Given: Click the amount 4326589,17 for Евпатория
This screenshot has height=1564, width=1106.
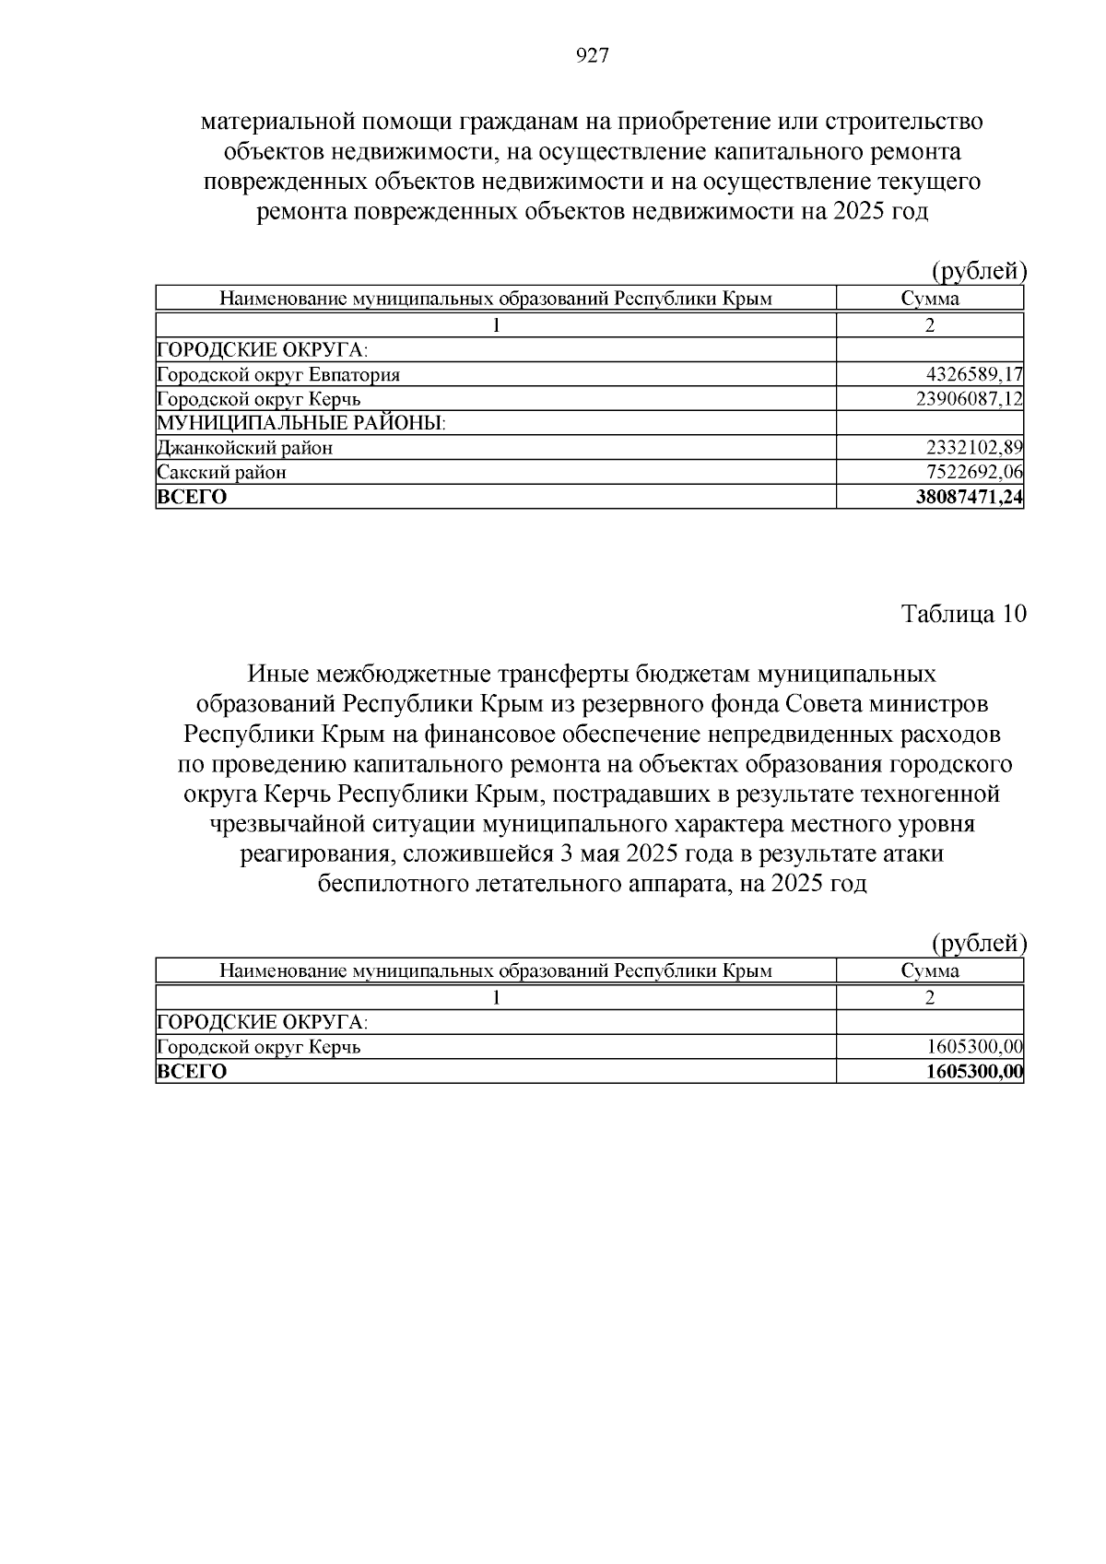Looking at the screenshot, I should [x=974, y=375].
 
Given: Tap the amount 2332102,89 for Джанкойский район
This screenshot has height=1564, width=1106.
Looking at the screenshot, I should [x=974, y=448].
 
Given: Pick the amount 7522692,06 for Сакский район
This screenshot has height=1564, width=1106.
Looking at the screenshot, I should [x=974, y=473].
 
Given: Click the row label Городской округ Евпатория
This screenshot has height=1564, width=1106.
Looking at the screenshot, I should [x=278, y=375].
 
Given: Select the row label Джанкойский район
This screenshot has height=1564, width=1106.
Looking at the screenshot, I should [x=245, y=448].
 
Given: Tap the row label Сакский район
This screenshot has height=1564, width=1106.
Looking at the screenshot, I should [x=222, y=473].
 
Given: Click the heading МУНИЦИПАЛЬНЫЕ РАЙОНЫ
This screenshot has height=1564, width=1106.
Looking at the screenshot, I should [x=301, y=424].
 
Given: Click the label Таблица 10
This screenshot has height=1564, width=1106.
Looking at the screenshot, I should [x=963, y=615].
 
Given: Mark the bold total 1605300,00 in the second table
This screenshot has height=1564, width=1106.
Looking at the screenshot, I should [x=974, y=1072].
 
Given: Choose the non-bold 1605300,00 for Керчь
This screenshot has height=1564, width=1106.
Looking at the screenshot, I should [x=974, y=1047].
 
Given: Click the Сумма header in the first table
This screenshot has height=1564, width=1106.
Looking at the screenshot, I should [x=930, y=299].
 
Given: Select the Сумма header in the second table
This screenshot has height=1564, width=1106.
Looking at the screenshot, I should [x=930, y=970].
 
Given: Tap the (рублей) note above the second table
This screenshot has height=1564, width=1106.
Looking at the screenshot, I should [x=979, y=943].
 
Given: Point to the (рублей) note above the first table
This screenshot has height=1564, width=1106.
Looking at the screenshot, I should [x=979, y=271].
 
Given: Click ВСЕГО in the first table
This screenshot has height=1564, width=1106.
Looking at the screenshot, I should [x=193, y=498].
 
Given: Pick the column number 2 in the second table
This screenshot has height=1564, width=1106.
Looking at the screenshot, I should [x=930, y=997].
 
